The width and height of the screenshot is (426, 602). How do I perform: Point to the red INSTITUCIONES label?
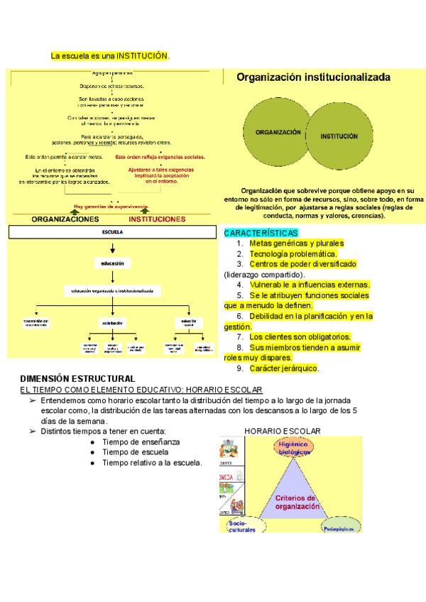click(157, 219)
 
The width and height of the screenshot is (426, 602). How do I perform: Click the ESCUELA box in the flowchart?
click(112, 232)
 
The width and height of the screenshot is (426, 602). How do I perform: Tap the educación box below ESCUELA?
click(112, 263)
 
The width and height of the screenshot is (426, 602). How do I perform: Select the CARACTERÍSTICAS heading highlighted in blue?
click(261, 233)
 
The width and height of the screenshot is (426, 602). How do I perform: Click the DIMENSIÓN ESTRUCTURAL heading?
click(77, 379)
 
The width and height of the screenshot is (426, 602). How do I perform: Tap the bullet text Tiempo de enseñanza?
click(141, 442)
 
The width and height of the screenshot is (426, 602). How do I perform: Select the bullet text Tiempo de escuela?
click(135, 452)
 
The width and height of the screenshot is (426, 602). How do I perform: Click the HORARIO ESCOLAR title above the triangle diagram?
click(283, 431)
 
